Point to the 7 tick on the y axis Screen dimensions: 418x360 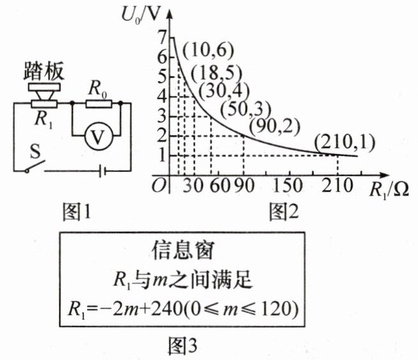(x=161, y=36)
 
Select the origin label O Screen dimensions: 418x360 (x=160, y=185)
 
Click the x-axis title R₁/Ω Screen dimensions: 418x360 (x=389, y=189)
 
